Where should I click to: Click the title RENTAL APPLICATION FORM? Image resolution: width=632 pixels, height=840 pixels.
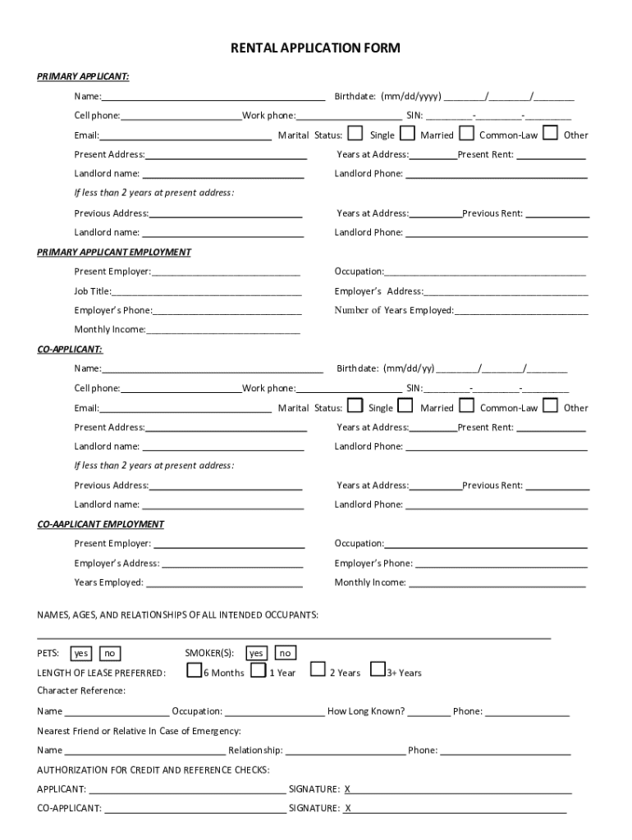pos(316,48)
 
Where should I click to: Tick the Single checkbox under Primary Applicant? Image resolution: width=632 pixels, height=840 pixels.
pos(355,133)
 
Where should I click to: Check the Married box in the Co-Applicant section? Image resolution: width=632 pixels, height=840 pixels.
pos(405,405)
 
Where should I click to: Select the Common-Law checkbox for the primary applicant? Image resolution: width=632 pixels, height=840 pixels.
pos(466,133)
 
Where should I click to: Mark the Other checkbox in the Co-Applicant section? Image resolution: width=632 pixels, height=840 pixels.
pos(551,405)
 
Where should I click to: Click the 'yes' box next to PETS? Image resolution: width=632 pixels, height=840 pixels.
pos(80,654)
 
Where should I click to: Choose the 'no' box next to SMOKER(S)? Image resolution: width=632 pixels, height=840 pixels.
pos(285,654)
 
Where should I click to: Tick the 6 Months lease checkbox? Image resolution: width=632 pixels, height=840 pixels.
pos(194,671)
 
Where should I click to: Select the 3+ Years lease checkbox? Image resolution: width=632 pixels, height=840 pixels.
pos(378,670)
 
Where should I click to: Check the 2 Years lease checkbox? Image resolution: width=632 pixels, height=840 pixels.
pos(317,670)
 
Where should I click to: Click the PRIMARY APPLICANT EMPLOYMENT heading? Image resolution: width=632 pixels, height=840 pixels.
pos(114,252)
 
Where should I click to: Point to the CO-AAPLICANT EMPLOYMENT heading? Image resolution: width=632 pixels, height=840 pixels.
pos(101,524)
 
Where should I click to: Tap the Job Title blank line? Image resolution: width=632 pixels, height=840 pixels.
pos(207,291)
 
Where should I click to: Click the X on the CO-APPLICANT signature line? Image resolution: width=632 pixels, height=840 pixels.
pos(348,809)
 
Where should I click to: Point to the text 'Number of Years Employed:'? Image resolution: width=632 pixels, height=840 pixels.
pos(394,311)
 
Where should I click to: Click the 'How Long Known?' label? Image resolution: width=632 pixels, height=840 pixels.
pos(366,712)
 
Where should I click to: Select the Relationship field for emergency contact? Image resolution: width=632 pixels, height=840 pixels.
pos(345,751)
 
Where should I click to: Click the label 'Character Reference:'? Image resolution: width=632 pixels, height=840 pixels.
pos(81,691)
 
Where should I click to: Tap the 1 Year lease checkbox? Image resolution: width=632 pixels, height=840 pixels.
pos(258,671)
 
